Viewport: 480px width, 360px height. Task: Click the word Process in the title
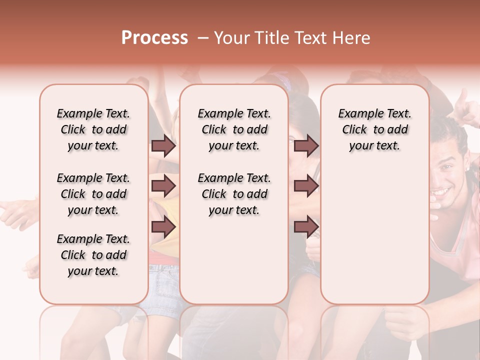(154, 38)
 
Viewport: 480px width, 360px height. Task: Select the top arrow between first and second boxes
(163, 146)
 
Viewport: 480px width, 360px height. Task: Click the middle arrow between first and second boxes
(163, 186)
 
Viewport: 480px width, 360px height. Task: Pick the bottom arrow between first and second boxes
(163, 227)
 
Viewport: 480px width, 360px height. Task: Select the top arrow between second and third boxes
(306, 146)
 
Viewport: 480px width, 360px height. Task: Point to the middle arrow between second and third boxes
(306, 186)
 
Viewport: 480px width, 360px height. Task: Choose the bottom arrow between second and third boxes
(306, 227)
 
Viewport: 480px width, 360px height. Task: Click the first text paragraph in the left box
(93, 129)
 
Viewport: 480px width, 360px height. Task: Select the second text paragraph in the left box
(93, 194)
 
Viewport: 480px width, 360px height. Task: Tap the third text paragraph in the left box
(93, 255)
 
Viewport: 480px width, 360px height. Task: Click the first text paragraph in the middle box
(234, 129)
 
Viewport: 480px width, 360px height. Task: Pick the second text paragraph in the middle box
(234, 194)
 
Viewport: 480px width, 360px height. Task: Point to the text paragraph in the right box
(375, 129)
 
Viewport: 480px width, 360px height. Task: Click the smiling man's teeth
(441, 190)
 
